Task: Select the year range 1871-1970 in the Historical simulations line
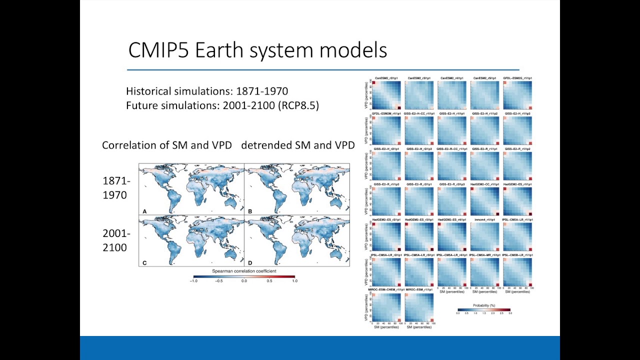click(262, 91)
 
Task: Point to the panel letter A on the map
click(144, 211)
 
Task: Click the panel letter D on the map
click(250, 262)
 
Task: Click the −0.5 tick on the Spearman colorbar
click(219, 281)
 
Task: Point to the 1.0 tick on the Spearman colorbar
click(294, 281)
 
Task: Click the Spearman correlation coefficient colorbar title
click(244, 271)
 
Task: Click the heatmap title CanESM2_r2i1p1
click(386, 78)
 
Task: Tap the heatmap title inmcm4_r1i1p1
click(485, 219)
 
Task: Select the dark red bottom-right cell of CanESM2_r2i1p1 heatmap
click(398, 107)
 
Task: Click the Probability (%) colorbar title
click(484, 305)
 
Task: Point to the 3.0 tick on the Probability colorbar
click(509, 313)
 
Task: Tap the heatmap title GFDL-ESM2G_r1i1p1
click(518, 78)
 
